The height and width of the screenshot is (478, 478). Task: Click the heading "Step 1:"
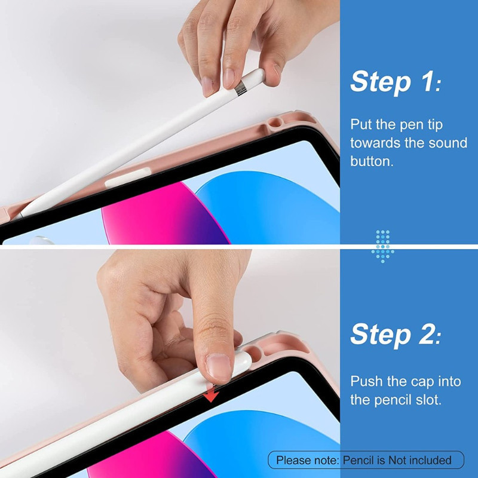(x=396, y=81)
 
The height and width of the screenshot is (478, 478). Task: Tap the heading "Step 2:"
(x=396, y=334)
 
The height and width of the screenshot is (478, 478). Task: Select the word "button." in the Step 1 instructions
(x=372, y=161)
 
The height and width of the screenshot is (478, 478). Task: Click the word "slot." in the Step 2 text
(x=428, y=400)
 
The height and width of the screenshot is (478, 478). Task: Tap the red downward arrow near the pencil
(x=211, y=394)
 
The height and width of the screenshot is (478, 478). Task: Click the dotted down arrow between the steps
(x=382, y=246)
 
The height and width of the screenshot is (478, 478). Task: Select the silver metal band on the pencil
(x=241, y=88)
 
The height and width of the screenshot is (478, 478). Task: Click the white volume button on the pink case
(x=128, y=177)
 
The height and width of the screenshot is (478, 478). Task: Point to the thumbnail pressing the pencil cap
(x=218, y=367)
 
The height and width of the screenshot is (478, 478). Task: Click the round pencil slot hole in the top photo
(x=275, y=122)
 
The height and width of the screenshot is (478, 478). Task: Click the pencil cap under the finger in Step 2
(x=242, y=364)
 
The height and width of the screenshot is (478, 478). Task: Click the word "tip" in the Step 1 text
(x=435, y=125)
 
